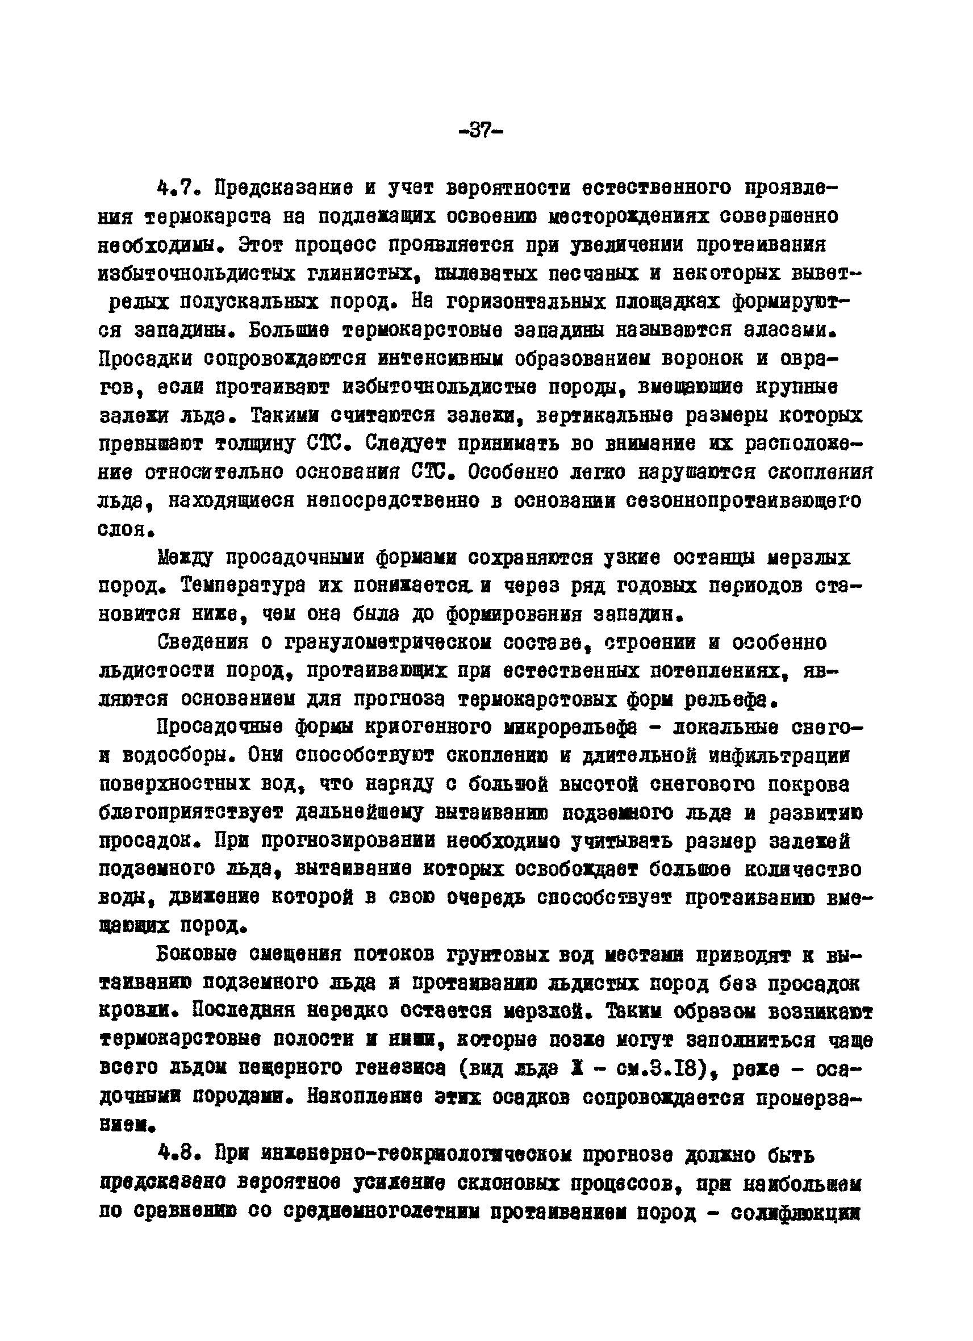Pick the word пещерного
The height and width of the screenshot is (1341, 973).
tap(300, 1068)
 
